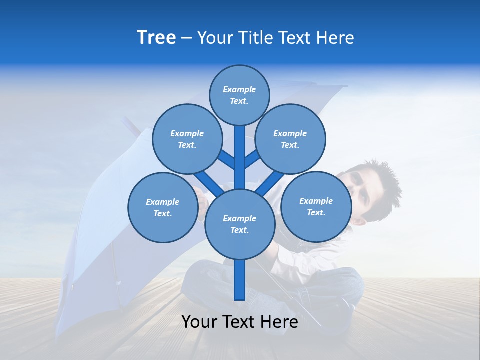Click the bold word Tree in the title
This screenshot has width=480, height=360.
pos(156,38)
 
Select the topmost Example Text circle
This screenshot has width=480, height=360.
pos(239,95)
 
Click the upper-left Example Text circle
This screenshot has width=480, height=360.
pos(187,139)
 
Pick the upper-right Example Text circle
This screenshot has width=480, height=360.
pos(290,139)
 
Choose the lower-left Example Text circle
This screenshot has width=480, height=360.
pos(162,207)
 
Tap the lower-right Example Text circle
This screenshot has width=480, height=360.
pos(316,206)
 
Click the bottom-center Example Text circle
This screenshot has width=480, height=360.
pos(239,224)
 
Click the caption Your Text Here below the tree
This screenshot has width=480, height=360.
pos(239,322)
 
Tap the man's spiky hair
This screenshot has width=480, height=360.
pos(382,180)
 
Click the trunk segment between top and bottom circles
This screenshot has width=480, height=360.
pos(239,157)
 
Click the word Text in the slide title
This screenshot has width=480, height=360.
pos(296,38)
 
